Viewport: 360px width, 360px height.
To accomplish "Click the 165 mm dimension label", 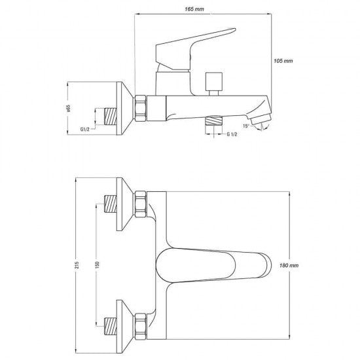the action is pos(194,9).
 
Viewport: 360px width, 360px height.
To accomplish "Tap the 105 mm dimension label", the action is pos(283,61).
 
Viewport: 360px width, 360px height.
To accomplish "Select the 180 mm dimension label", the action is pos(289,265).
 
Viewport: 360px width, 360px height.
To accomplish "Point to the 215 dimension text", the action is pos(77,265).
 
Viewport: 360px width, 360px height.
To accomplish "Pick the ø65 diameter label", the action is pos(68,109).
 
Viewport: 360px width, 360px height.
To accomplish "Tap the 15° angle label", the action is pos(246,126).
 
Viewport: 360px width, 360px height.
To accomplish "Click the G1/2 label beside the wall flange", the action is pos(84,129).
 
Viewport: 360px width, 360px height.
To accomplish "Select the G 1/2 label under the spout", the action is pos(232,134).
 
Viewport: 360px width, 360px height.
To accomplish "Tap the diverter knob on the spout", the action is pos(214,84).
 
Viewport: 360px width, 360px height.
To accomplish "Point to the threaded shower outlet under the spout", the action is pos(214,120).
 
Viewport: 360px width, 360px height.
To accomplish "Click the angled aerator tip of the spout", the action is pos(261,120).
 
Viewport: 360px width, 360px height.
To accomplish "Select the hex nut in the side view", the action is pos(141,108).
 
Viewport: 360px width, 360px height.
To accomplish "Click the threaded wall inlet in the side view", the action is pos(111,117).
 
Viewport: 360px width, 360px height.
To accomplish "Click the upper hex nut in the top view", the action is pos(141,204).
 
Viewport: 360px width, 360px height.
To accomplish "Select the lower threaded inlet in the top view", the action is pos(111,326).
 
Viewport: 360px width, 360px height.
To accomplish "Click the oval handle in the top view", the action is pos(213,265).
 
